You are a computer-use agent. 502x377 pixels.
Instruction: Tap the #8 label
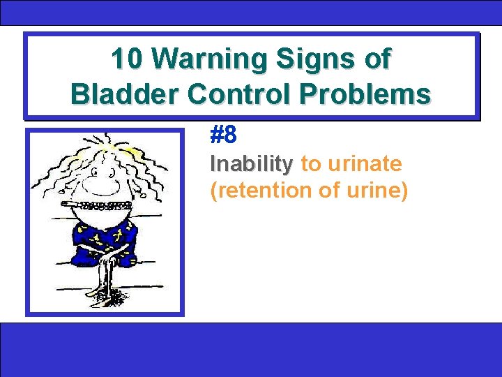tap(224, 135)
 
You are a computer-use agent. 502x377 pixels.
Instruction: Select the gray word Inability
tap(251, 165)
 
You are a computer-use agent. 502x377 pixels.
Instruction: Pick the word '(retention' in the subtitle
tap(253, 190)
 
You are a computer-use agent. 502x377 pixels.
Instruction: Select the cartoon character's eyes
tap(97, 164)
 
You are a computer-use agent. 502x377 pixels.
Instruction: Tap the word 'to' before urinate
tap(309, 165)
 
